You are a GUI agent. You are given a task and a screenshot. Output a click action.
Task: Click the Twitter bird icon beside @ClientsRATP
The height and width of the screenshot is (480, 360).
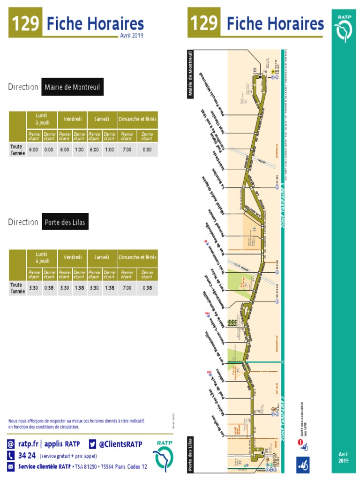tap(93, 444)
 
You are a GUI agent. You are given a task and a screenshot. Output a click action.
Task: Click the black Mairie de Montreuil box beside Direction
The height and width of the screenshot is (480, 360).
tap(71, 87)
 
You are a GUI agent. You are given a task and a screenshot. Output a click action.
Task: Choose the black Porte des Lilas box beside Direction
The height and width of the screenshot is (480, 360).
tap(65, 222)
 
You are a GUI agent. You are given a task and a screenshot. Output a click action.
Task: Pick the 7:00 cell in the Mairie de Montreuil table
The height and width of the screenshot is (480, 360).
tap(127, 150)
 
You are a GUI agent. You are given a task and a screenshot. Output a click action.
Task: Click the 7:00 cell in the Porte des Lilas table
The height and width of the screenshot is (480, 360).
tap(127, 288)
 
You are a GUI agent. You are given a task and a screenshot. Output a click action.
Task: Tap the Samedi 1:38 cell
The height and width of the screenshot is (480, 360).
tap(109, 288)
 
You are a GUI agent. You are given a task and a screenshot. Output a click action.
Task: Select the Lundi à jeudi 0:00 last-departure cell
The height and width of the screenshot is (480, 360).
tap(49, 150)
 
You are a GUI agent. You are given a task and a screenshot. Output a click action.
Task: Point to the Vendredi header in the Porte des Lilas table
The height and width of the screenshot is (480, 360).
tap(72, 257)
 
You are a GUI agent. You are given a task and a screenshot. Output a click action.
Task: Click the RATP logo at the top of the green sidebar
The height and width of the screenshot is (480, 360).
tap(345, 29)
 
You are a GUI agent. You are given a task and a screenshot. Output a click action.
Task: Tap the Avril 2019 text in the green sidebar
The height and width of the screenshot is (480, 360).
tap(344, 457)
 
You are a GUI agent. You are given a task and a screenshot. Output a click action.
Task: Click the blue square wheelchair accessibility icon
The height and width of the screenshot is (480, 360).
tap(302, 465)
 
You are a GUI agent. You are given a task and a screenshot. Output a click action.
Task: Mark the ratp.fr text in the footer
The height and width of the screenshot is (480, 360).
tap(29, 444)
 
